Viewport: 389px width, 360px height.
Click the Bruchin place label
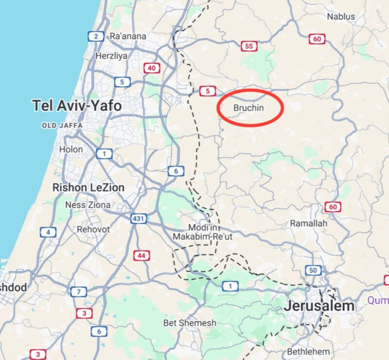coord(248,108)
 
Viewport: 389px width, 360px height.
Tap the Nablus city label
coord(340,17)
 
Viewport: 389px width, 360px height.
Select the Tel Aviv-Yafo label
coord(76,105)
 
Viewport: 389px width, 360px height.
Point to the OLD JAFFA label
coord(62,126)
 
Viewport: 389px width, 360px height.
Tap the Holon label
coord(71,149)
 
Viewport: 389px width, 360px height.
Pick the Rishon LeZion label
coord(88,187)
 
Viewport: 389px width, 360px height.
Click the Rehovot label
coord(93,229)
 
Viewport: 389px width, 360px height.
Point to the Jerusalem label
coord(319,306)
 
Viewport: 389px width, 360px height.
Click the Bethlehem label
coord(308,351)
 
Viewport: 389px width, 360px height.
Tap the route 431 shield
coord(139,218)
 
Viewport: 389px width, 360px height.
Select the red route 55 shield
coord(249,46)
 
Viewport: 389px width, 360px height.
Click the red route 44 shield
coord(142,255)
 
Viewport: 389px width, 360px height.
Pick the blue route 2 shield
coord(96,36)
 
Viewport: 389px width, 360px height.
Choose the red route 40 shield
coord(152,69)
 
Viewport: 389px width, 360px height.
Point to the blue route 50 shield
coord(313,270)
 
